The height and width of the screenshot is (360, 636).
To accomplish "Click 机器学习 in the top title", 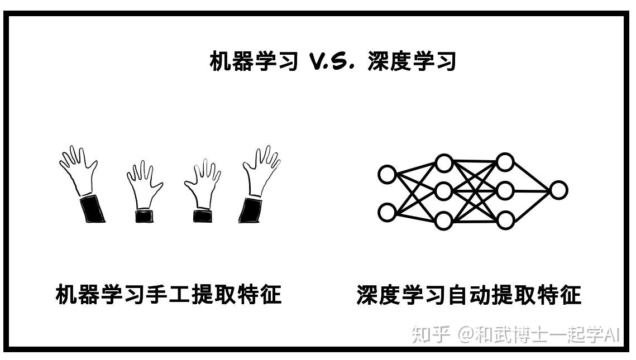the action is [253, 61].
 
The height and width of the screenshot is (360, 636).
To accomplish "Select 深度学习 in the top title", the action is [412, 61].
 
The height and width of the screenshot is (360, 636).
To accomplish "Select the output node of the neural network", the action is [558, 190].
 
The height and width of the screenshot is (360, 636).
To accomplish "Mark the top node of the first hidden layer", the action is [443, 163].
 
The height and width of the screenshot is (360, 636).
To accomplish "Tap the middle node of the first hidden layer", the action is [443, 191].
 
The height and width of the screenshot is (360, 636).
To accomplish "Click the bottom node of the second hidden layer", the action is [505, 220].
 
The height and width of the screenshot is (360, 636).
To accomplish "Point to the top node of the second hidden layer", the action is [505, 162].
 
